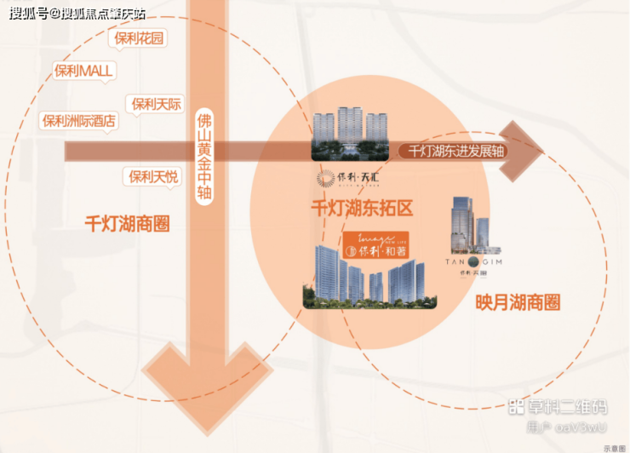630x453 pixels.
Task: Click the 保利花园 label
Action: coord(140,37)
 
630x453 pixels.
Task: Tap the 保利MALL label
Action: coord(83,71)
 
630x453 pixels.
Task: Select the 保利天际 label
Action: coord(157,104)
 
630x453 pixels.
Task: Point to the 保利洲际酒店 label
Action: coord(80,121)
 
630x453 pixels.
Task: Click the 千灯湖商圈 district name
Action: coord(128,224)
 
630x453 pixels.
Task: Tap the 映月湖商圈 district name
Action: coord(518,302)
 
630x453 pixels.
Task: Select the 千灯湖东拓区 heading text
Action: coord(362,207)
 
